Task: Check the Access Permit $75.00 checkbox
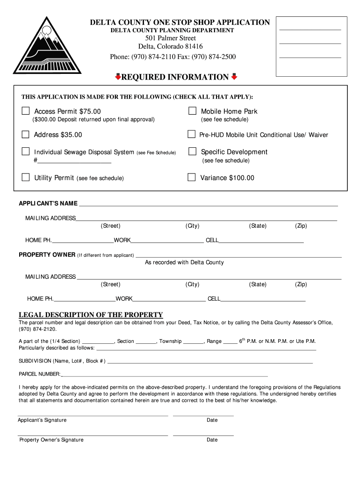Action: click(x=26, y=111)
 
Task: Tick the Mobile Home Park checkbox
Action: click(x=192, y=111)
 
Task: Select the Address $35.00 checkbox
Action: click(x=26, y=135)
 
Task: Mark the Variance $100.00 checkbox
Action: click(x=191, y=177)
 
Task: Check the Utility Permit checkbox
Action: click(x=26, y=177)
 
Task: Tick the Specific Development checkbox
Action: click(x=192, y=152)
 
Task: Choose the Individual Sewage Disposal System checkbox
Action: click(x=26, y=152)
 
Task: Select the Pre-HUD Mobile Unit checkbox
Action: click(x=191, y=135)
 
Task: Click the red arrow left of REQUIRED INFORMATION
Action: click(x=118, y=77)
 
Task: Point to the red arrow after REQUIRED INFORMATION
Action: click(x=234, y=77)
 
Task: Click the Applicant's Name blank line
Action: click(x=208, y=204)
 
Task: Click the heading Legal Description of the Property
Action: click(x=91, y=315)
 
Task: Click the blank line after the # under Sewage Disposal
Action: click(x=74, y=161)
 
